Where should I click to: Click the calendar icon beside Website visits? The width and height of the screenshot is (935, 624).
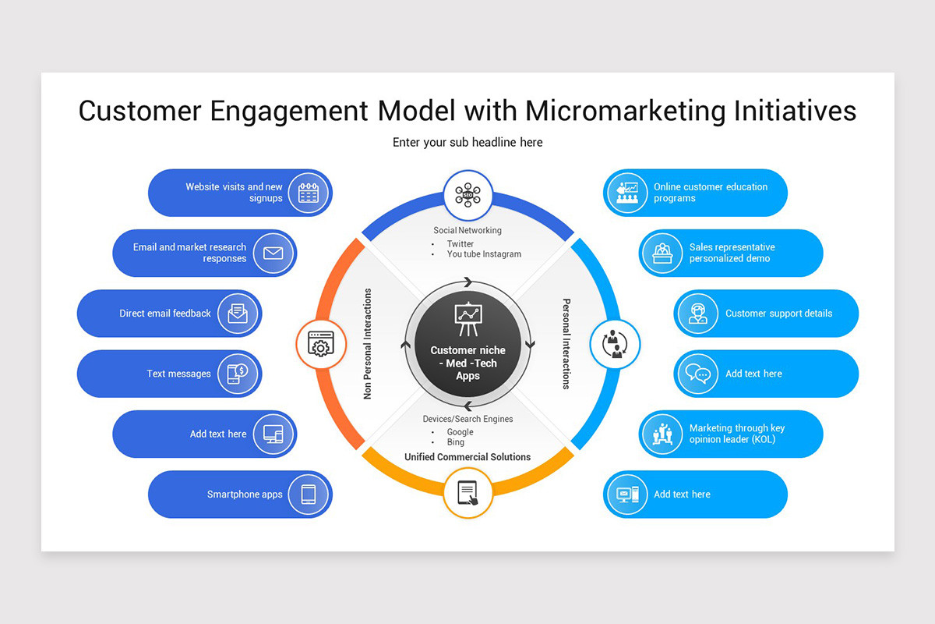[309, 193]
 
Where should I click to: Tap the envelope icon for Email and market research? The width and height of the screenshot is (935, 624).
[273, 253]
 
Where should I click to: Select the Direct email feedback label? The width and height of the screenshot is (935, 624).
[165, 314]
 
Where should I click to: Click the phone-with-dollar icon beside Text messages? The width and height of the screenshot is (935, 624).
[238, 374]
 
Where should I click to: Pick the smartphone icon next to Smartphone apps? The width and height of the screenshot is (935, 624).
[309, 494]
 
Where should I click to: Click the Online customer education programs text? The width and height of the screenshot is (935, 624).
[710, 193]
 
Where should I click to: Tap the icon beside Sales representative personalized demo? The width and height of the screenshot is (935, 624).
[662, 253]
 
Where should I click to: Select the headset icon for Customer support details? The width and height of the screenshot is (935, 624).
[697, 314]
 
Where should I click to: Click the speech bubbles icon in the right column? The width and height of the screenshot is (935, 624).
[697, 374]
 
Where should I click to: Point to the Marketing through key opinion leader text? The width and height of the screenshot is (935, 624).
[736, 434]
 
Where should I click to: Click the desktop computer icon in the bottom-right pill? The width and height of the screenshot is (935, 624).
[627, 494]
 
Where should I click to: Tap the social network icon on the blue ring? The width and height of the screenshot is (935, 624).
[467, 195]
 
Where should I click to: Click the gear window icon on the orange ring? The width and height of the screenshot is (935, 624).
[320, 343]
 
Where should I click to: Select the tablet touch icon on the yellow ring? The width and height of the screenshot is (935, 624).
[467, 492]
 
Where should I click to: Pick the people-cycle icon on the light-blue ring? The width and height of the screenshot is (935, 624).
[615, 343]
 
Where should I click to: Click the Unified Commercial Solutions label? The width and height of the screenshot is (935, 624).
[467, 457]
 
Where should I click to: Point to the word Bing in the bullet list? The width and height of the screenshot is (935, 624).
[455, 442]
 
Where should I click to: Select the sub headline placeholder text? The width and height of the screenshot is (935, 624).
[467, 142]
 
